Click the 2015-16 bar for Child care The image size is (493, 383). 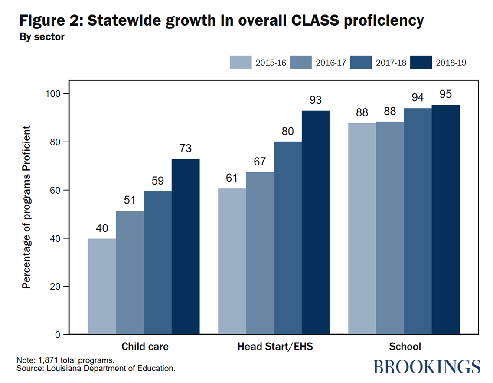coord(102,287)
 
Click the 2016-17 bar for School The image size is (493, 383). coord(390,228)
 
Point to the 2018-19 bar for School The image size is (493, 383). coord(446,220)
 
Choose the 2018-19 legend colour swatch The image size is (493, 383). coord(421,63)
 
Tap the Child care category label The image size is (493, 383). coord(145,347)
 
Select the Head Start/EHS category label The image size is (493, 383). coord(275,347)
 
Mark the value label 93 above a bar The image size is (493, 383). coord(315,100)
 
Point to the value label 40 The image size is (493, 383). coord(102,228)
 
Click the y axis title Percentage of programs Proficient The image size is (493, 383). coord(27,207)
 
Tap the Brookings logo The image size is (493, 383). coord(427,366)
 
